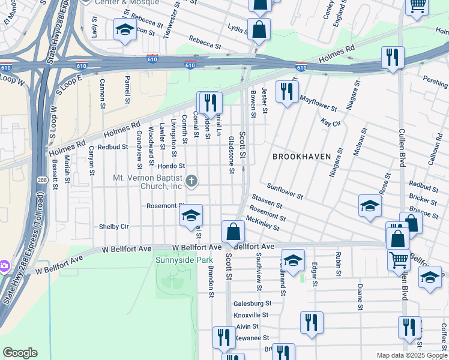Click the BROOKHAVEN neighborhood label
coord(301,156)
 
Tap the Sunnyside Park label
coord(176,260)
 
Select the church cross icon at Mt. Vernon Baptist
coord(191,181)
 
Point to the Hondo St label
coord(172,166)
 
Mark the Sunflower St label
coord(285,191)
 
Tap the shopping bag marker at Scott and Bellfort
coord(232,232)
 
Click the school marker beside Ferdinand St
coord(293,260)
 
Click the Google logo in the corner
coord(20,353)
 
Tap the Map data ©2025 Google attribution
coord(411,355)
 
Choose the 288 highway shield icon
coord(40,179)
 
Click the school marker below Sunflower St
coord(370,206)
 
